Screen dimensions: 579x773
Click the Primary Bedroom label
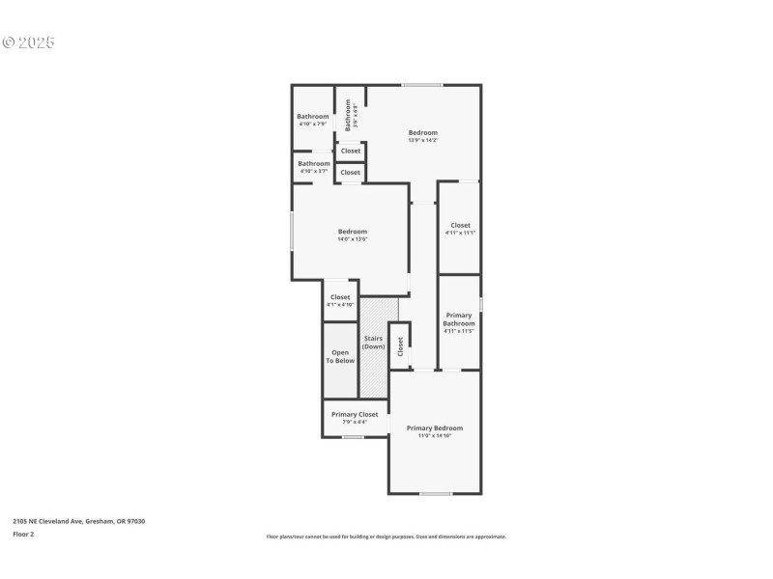[434, 428]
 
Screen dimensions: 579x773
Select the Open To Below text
[340, 357]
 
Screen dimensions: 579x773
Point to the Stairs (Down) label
[374, 343]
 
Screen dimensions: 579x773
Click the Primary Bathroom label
[459, 319]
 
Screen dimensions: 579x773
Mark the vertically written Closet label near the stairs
[400, 346]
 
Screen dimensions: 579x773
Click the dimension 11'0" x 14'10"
[434, 436]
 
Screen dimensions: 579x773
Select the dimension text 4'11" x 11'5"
[459, 332]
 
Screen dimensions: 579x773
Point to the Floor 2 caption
[23, 534]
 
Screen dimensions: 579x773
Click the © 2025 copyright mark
[29, 42]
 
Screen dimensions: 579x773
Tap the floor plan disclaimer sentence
[386, 537]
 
